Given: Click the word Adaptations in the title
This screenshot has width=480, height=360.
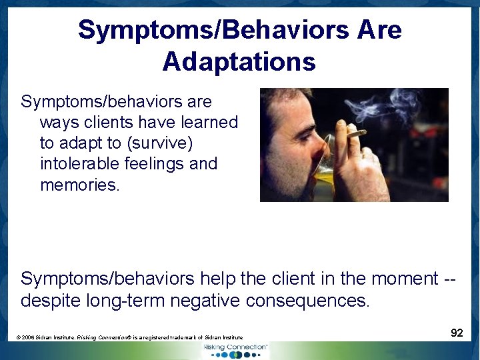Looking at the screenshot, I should click(239, 62).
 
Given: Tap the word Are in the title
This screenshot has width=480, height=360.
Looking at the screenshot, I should click(378, 30).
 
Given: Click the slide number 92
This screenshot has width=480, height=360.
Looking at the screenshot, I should click(457, 332).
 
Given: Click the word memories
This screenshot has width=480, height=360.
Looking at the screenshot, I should click(80, 185).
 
